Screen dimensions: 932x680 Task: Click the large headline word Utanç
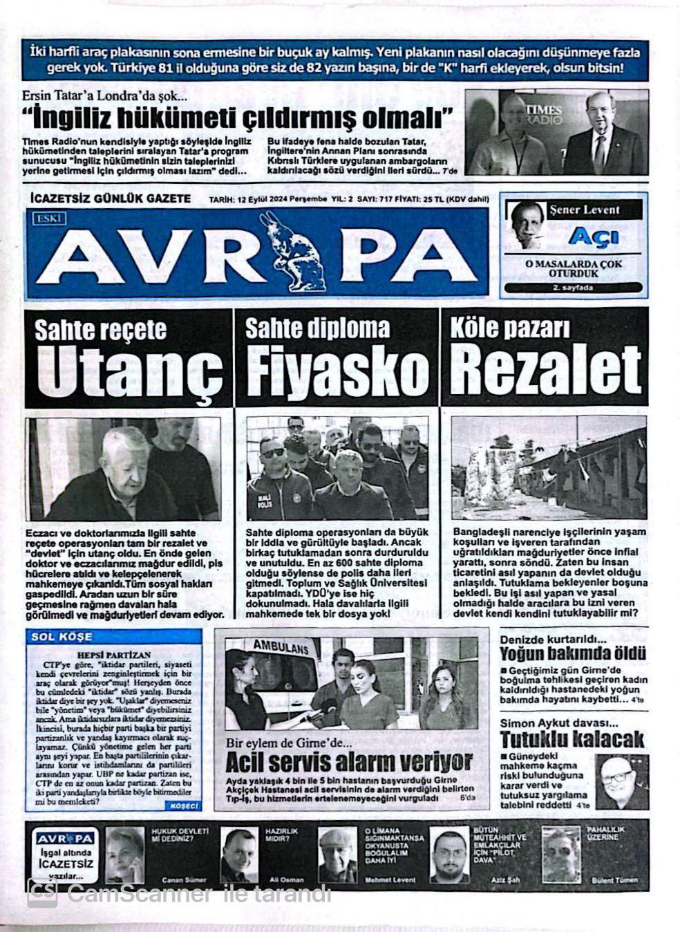coord(129,371)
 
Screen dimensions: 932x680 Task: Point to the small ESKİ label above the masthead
coord(48,218)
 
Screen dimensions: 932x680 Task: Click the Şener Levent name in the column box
coord(584,209)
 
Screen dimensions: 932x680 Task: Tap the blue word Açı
coord(584,236)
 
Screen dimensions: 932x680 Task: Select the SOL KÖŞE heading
coord(61,637)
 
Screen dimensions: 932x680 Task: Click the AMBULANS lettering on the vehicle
coord(281,647)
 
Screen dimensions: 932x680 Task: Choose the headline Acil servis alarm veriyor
coord(349,762)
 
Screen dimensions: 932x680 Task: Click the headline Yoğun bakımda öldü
coord(573,653)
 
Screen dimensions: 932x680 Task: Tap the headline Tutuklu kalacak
coord(572,738)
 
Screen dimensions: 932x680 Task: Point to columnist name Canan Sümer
coord(184,879)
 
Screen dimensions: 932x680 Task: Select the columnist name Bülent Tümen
coord(614,879)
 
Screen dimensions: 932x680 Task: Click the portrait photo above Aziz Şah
coord(450,855)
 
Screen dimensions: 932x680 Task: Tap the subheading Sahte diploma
coord(317,328)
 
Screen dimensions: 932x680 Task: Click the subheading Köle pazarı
coord(509,328)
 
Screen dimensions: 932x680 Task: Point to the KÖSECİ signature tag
coord(184,806)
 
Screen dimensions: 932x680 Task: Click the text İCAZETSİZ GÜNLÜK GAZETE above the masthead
coord(111,198)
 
